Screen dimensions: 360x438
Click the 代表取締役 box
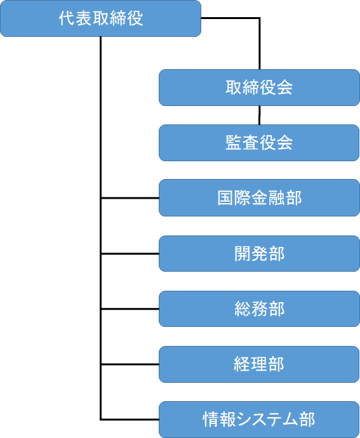(x=100, y=18)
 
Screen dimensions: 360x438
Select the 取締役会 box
(x=259, y=88)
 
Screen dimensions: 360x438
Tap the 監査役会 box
(x=259, y=143)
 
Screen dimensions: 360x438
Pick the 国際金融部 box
(x=259, y=198)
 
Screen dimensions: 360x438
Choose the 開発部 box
(x=259, y=254)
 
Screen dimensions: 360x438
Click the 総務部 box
(x=259, y=309)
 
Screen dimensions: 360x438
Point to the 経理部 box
(x=259, y=364)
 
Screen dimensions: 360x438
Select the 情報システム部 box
(x=259, y=420)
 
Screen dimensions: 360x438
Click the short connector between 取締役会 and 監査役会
(x=260, y=115)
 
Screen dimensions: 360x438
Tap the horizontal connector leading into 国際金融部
(x=130, y=198)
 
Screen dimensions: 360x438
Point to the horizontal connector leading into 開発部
(x=130, y=254)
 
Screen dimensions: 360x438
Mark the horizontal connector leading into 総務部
(x=130, y=309)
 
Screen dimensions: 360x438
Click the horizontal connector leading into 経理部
(x=130, y=364)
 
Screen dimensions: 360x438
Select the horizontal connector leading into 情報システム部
(x=130, y=420)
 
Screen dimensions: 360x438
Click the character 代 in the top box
(x=67, y=18)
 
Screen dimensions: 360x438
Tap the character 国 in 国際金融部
(x=225, y=198)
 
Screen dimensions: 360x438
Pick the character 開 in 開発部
(x=243, y=254)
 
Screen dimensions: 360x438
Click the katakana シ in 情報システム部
(x=244, y=420)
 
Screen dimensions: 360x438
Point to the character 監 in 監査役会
(x=234, y=143)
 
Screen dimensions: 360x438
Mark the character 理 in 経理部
(x=259, y=364)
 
